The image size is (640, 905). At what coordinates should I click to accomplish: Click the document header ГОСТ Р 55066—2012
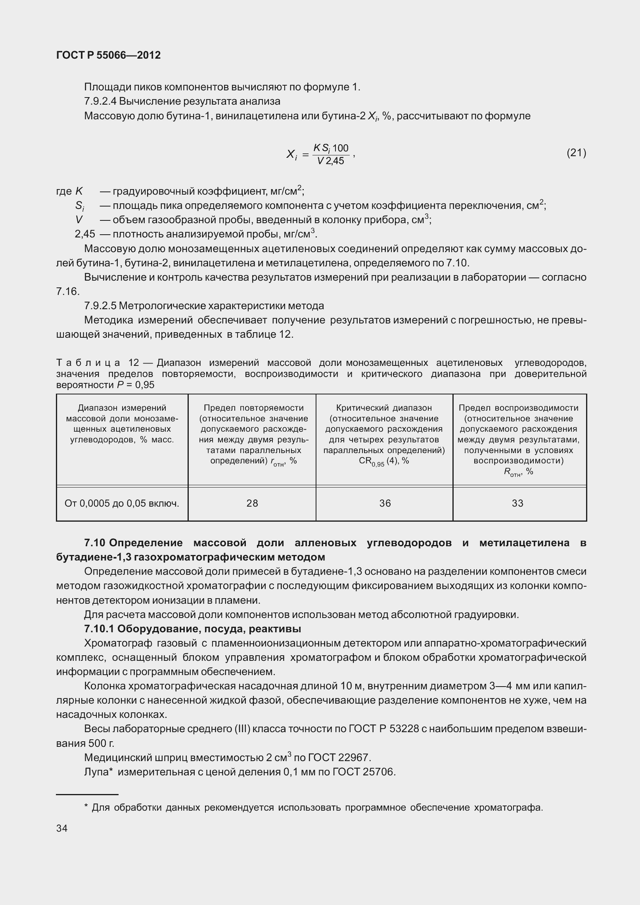click(x=108, y=55)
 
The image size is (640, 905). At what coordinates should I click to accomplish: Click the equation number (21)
click(x=576, y=153)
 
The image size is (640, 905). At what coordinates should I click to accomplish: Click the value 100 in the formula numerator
click(x=341, y=148)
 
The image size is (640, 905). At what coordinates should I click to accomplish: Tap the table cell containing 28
click(x=252, y=503)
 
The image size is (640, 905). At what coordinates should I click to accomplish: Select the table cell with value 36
click(x=385, y=503)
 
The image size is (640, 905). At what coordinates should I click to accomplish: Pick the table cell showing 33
click(x=517, y=503)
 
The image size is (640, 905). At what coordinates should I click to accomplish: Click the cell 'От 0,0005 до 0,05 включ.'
click(x=122, y=503)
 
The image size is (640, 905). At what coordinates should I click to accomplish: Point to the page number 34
click(x=62, y=828)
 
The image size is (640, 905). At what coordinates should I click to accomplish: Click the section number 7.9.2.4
click(x=100, y=101)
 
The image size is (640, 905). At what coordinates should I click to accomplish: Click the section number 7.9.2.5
click(x=100, y=306)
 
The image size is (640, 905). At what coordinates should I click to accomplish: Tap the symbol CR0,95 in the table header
click(x=371, y=461)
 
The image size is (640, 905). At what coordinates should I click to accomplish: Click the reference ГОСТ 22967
click(x=339, y=758)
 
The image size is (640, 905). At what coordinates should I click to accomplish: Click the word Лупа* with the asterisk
click(x=99, y=772)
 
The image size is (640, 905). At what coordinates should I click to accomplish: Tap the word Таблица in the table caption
click(x=88, y=363)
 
